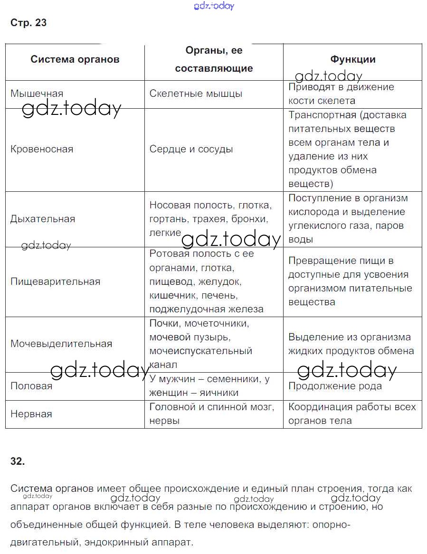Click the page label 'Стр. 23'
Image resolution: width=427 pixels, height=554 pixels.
[x=28, y=23]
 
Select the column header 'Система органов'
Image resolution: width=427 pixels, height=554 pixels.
[x=75, y=59]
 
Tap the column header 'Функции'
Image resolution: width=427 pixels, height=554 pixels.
[x=353, y=59]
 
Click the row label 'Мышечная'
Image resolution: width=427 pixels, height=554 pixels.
[x=37, y=94]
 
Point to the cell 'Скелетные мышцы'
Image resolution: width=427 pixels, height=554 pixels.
[x=196, y=94]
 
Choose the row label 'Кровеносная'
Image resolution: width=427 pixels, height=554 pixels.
[x=42, y=149]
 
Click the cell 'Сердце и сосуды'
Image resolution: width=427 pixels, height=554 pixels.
[x=191, y=149]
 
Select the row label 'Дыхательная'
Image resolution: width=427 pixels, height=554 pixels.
[x=43, y=219]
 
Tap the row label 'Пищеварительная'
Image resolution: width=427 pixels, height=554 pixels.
[x=56, y=282]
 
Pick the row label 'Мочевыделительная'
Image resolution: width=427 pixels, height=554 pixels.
[x=61, y=344]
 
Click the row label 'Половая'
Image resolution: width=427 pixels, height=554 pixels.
[x=31, y=386]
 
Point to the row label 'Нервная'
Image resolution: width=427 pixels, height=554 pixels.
[x=31, y=414]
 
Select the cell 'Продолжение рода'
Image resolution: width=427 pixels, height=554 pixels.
[x=335, y=386]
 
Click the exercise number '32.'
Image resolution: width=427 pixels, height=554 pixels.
[x=17, y=461]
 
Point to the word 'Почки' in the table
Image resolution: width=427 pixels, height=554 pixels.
[x=164, y=323]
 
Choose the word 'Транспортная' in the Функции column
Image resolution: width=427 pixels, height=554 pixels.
[x=322, y=115]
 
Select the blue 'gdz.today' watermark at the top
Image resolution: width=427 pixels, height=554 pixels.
[x=214, y=6]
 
